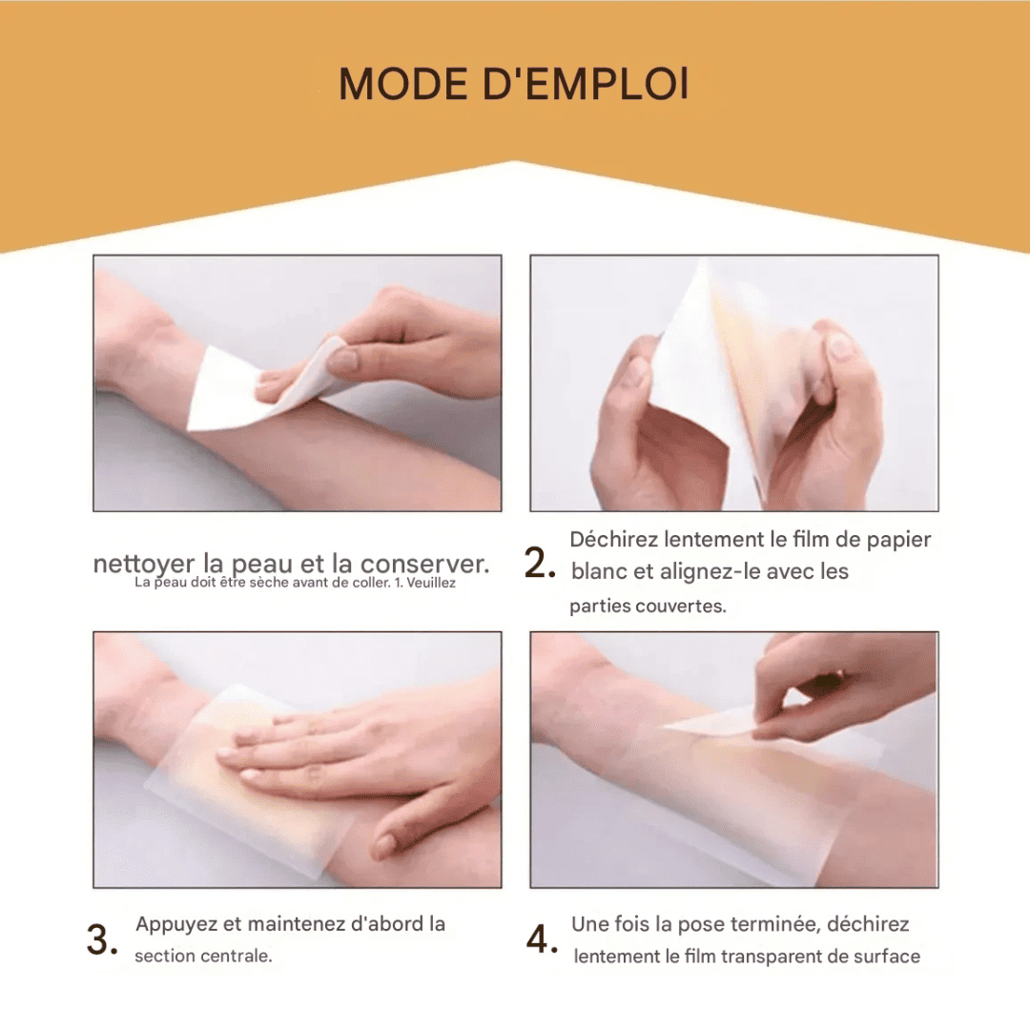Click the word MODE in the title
pos(402,84)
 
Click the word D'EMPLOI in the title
pos(586,84)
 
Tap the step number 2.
pos(539,564)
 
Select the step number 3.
pos(102,939)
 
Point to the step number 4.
pos(542,939)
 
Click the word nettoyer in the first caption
pos(144,564)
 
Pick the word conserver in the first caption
pos(424,564)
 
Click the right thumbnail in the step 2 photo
pos(839,345)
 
